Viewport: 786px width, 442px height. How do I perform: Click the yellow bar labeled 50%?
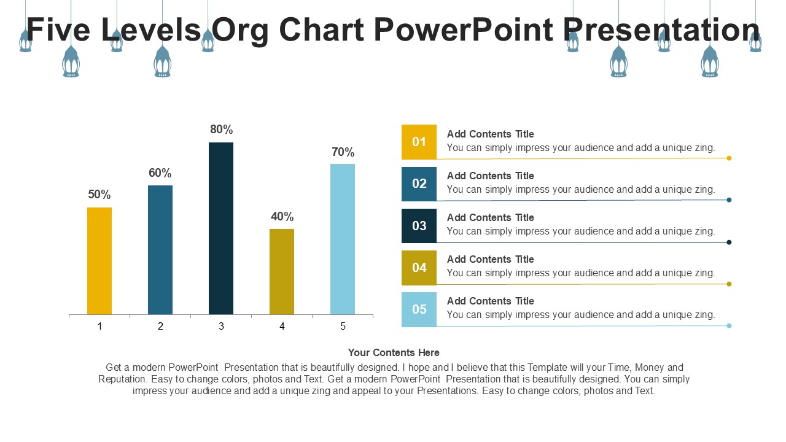[99, 261]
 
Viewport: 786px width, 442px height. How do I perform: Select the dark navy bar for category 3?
[221, 228]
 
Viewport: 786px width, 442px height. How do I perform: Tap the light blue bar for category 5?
[343, 239]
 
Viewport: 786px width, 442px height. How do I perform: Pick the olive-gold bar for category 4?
[282, 271]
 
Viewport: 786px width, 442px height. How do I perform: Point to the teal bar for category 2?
[160, 250]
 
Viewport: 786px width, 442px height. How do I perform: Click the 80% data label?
[221, 130]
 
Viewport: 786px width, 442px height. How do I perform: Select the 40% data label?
[282, 217]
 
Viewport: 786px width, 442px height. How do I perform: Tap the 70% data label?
[343, 152]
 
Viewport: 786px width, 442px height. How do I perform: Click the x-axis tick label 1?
[99, 327]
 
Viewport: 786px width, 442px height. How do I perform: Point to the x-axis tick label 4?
[282, 327]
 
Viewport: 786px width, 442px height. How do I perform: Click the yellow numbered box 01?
[419, 142]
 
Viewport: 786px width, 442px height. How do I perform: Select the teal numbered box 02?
[419, 184]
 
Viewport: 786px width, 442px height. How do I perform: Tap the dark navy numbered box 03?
[419, 225]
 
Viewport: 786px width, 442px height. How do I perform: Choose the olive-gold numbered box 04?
[419, 267]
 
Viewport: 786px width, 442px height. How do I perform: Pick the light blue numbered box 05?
[419, 309]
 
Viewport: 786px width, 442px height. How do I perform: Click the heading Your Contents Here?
[394, 352]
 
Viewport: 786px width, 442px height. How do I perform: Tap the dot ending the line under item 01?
[729, 158]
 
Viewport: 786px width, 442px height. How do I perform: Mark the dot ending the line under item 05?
[729, 325]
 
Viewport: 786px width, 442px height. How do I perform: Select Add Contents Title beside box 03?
[490, 217]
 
